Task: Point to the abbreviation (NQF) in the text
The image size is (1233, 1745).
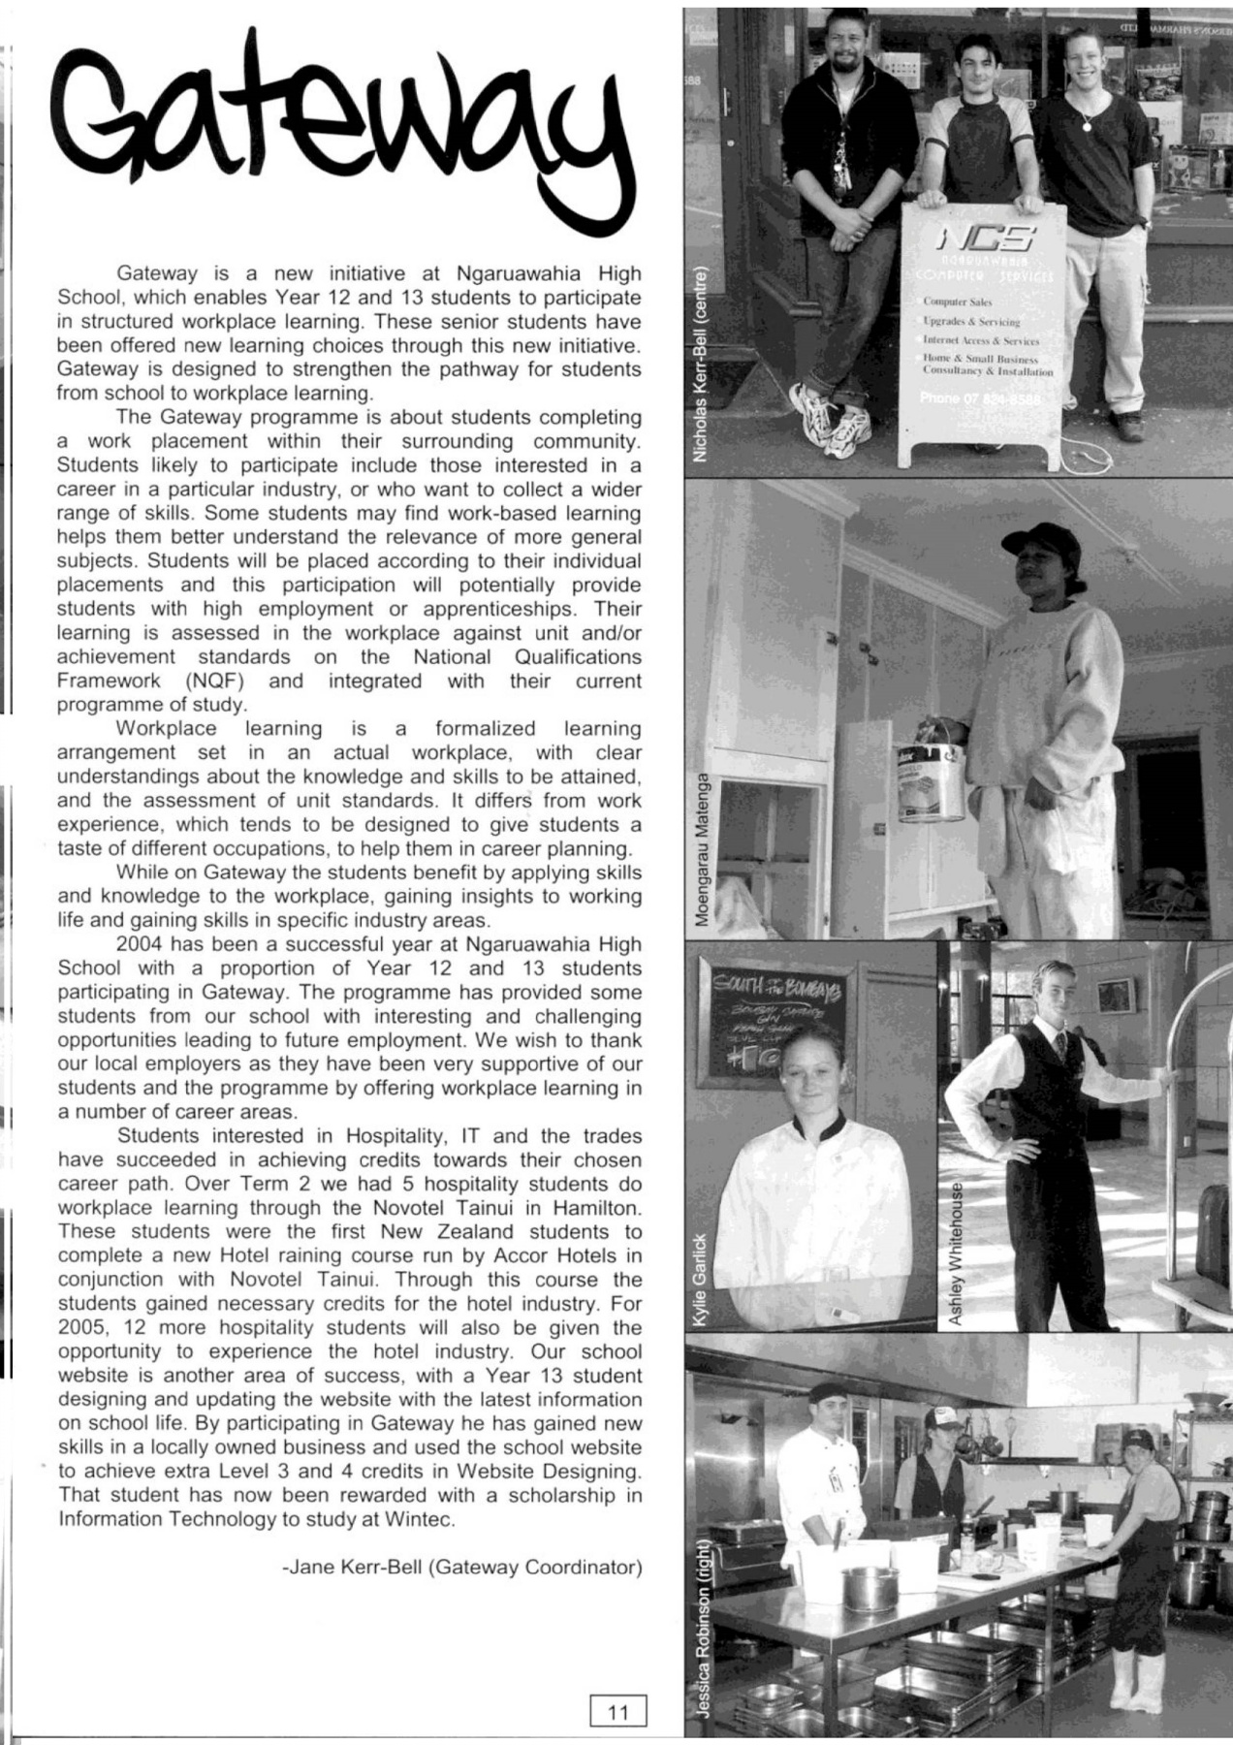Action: [217, 681]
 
